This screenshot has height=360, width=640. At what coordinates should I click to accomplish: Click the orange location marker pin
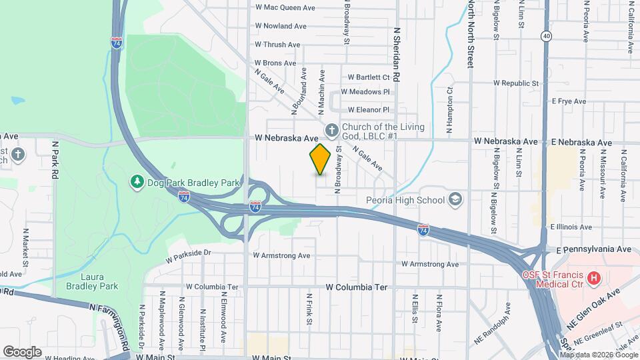click(x=321, y=159)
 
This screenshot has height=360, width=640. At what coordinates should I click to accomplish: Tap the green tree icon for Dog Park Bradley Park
click(x=137, y=181)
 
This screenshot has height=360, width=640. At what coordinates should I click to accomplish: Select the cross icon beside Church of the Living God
click(x=331, y=129)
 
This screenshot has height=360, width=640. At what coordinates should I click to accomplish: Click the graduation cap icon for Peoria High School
click(x=455, y=199)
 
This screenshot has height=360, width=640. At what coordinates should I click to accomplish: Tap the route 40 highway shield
click(x=547, y=36)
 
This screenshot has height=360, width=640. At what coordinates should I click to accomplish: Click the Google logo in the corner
click(x=22, y=351)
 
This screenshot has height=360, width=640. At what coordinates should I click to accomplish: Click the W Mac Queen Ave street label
click(x=285, y=8)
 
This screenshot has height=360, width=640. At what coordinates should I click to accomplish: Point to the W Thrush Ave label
click(x=277, y=45)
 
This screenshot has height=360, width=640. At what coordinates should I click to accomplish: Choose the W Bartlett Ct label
click(x=366, y=77)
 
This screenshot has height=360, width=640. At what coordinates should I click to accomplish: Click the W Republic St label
click(x=515, y=84)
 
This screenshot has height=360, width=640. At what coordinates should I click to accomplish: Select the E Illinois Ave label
click(x=572, y=227)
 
